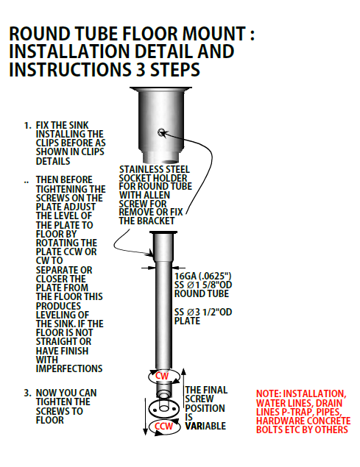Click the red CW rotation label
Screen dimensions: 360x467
click(162, 376)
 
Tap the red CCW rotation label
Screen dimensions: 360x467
click(163, 427)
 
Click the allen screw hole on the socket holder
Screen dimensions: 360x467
click(161, 132)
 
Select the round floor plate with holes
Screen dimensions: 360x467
click(163, 409)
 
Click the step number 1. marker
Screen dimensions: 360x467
click(27, 125)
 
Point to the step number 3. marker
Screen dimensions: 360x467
click(27, 393)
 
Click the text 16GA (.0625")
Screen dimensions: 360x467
click(202, 276)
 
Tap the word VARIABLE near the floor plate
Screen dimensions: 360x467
click(205, 426)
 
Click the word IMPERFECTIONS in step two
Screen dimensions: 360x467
click(69, 368)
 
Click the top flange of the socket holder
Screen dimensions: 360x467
click(160, 88)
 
